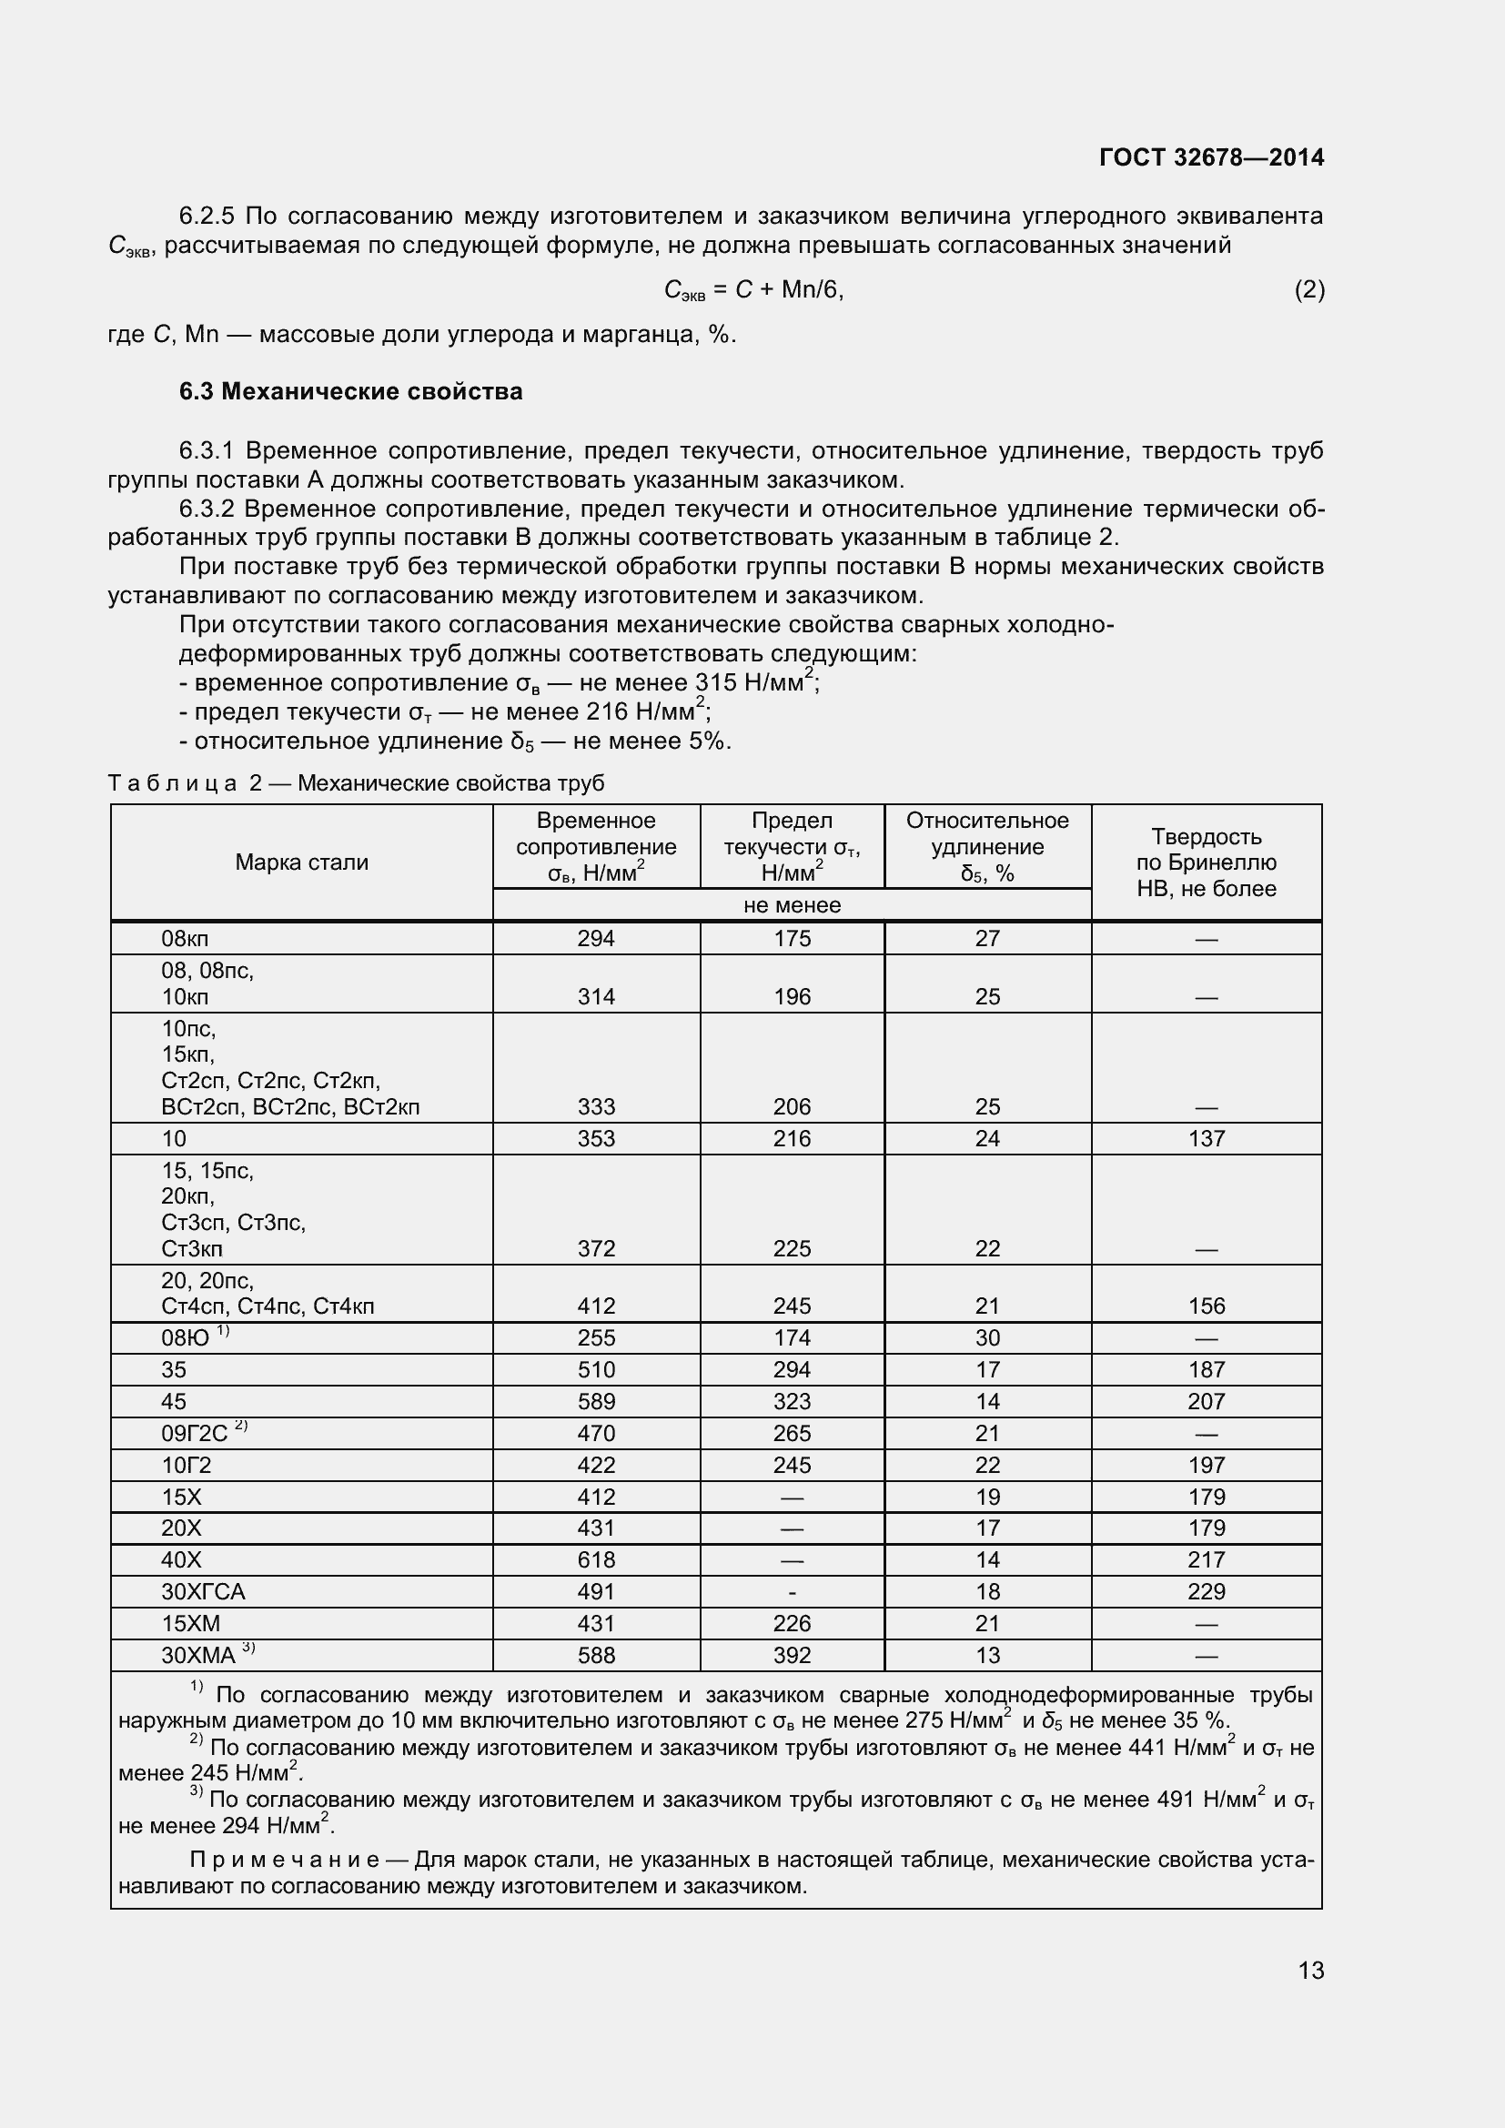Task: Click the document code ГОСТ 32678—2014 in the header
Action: (1211, 157)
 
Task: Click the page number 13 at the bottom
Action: (1310, 1970)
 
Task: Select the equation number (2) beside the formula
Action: (1308, 290)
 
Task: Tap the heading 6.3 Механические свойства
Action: (350, 391)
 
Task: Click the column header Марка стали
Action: (301, 862)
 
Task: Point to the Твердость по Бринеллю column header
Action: (1206, 862)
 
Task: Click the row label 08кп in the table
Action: (186, 938)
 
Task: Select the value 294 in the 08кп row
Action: (596, 938)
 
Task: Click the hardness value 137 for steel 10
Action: (1206, 1138)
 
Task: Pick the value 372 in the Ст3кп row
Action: (596, 1248)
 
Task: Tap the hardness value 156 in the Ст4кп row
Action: (1206, 1306)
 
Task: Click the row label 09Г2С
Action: (195, 1433)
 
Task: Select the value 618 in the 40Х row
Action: (596, 1560)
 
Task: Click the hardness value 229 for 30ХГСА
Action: (1206, 1591)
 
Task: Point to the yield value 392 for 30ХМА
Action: (792, 1655)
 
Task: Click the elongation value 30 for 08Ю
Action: (987, 1337)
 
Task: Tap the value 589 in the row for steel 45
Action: (596, 1401)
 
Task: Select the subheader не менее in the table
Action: (792, 904)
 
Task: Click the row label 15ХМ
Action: (191, 1623)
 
